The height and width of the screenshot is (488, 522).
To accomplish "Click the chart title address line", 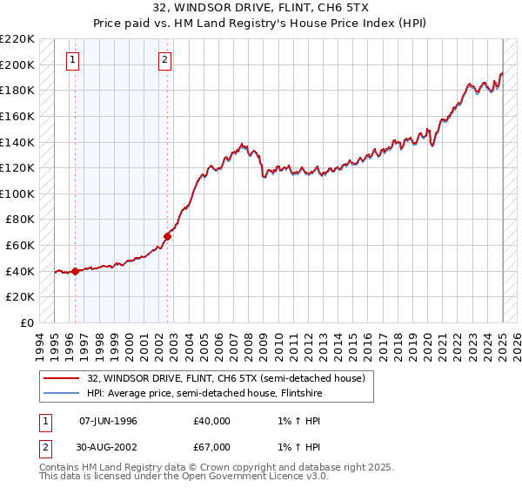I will [260, 9].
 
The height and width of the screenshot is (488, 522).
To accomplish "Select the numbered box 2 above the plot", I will [164, 60].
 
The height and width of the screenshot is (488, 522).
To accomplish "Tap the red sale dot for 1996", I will [75, 271].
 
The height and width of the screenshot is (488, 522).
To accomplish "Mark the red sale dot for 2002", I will [168, 236].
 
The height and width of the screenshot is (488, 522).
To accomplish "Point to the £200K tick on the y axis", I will [17, 64].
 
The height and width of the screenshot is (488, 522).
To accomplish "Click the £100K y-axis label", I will [17, 193].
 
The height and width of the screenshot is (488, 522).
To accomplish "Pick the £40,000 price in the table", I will [211, 421].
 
